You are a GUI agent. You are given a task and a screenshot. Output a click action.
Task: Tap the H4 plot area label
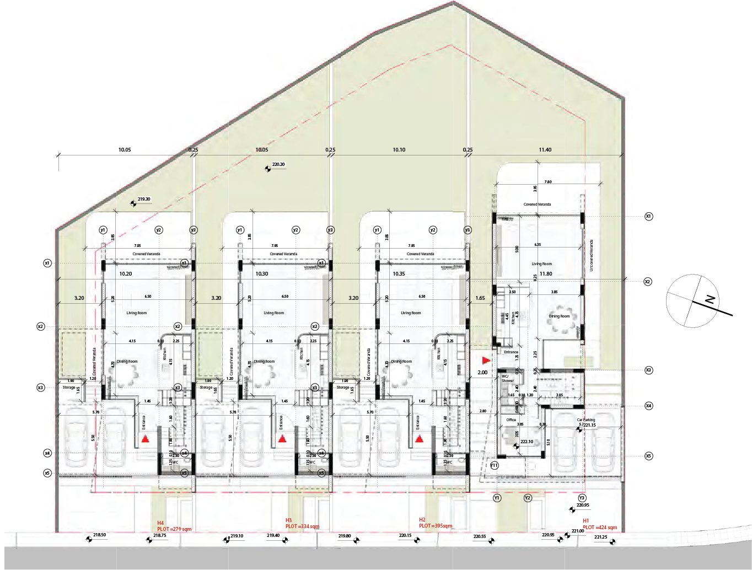[174, 526]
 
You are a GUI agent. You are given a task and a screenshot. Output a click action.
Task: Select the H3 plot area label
[302, 524]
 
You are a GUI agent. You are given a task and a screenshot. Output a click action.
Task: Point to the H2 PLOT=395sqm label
[435, 523]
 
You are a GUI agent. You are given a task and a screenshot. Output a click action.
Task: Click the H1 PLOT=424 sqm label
[599, 524]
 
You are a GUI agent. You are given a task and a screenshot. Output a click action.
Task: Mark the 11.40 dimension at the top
[545, 150]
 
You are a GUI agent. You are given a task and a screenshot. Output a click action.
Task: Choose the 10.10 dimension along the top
[399, 150]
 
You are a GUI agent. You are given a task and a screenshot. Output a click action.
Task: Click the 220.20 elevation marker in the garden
[278, 165]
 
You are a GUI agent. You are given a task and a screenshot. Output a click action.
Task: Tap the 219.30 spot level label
[143, 200]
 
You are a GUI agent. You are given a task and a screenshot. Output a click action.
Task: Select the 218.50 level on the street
[99, 535]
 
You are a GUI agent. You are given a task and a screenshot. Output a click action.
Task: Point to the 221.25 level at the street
[600, 537]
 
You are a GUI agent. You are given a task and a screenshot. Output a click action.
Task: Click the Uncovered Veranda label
[592, 255]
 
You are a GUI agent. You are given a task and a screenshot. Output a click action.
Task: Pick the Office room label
[511, 420]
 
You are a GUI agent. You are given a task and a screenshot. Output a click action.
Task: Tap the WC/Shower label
[507, 379]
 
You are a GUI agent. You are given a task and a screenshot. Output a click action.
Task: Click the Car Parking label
[586, 420]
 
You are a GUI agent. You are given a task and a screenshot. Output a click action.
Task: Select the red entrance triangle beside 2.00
[486, 361]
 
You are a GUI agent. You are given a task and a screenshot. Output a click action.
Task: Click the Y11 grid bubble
[494, 465]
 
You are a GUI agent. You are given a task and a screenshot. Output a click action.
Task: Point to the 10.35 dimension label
[399, 274]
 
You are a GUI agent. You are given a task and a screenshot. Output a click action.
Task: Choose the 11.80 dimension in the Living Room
[546, 274]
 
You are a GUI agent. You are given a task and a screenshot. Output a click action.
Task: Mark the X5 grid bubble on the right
[648, 456]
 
